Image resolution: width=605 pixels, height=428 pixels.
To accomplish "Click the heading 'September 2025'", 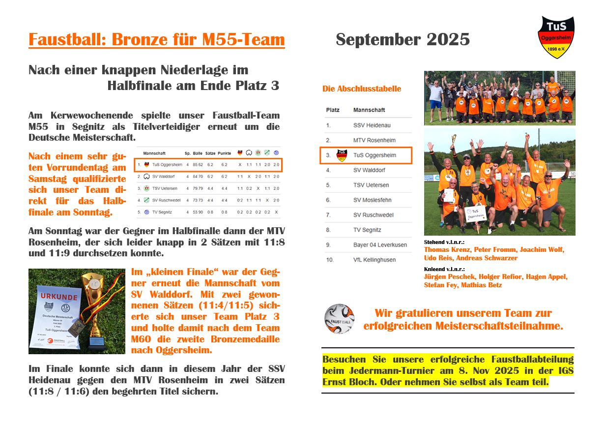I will pyautogui.click(x=403, y=40).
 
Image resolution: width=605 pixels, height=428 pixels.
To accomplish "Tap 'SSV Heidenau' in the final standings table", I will pyautogui.click(x=371, y=125).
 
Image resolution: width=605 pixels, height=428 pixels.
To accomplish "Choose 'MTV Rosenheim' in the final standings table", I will pyautogui.click(x=374, y=140).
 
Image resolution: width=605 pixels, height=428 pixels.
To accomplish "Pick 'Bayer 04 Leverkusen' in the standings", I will pyautogui.click(x=380, y=245).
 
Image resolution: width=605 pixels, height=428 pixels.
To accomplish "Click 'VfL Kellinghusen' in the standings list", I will pyautogui.click(x=375, y=259).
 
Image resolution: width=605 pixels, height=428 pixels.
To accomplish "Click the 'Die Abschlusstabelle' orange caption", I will pyautogui.click(x=361, y=89).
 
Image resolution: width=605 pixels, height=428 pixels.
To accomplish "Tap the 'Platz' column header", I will pyautogui.click(x=333, y=110).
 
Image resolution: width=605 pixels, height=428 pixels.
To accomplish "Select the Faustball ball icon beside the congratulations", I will pyautogui.click(x=339, y=319).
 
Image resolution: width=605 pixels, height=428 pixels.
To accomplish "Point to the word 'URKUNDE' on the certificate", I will pyautogui.click(x=59, y=297).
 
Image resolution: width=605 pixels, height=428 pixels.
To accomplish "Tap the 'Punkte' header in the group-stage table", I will pyautogui.click(x=224, y=153).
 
